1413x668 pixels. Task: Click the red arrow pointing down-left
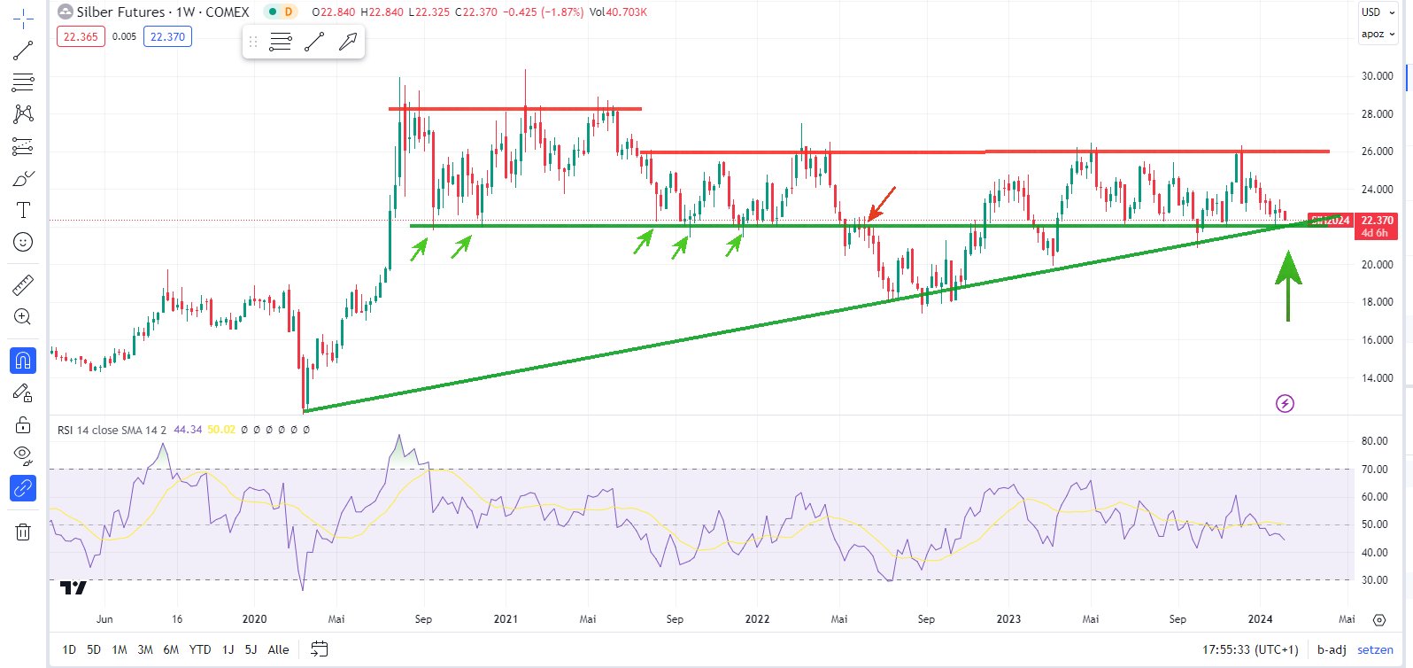[882, 203]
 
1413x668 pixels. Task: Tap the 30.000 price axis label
[1377, 76]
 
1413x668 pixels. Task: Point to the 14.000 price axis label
[1377, 378]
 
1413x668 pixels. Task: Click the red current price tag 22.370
[1377, 221]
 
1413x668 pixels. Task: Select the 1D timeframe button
[69, 649]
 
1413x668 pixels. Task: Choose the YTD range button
[200, 649]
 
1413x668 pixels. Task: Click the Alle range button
[278, 649]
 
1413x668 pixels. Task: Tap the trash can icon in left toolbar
[23, 532]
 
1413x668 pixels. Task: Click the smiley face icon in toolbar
[23, 242]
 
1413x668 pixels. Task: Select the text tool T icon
[23, 210]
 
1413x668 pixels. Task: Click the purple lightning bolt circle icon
[1285, 404]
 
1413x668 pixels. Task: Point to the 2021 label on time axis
[506, 619]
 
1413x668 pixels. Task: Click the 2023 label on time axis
[1008, 619]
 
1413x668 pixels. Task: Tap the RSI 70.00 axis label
[1374, 470]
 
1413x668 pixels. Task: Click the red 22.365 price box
[81, 37]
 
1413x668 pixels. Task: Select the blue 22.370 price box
[167, 37]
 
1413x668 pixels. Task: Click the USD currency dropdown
[1377, 12]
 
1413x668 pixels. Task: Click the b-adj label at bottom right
[1332, 649]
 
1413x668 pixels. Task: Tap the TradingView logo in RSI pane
[73, 587]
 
